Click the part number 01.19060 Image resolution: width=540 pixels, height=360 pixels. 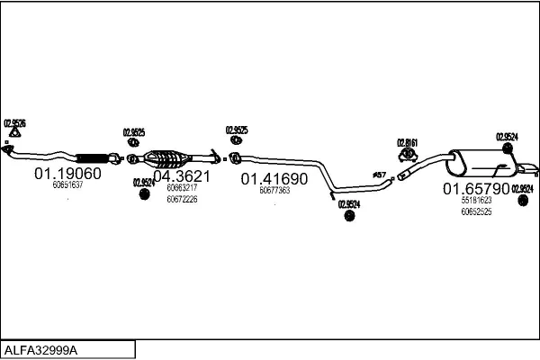click(67, 173)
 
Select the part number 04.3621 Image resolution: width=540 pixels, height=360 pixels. click(181, 176)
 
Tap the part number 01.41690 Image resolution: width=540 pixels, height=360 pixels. click(274, 178)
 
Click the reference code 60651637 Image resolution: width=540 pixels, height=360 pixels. click(67, 185)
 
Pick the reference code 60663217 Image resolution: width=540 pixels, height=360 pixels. click(182, 188)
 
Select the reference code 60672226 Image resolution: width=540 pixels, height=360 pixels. click(182, 199)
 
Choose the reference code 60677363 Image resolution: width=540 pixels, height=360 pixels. click(274, 191)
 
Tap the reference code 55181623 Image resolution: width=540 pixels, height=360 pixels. click(476, 201)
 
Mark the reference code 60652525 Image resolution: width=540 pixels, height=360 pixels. click(476, 211)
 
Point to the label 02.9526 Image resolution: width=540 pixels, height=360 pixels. click(14, 122)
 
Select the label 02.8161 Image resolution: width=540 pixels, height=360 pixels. click(408, 142)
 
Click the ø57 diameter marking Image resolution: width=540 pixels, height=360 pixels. click(379, 174)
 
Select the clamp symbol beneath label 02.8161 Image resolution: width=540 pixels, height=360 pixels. click(407, 155)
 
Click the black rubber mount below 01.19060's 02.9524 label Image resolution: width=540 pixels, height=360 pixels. click(142, 195)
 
